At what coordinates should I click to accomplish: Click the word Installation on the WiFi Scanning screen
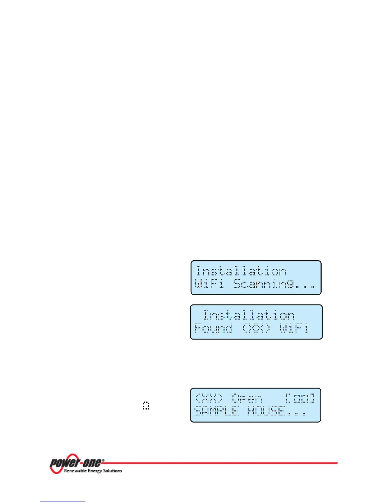click(x=241, y=271)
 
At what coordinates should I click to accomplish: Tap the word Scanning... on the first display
click(x=274, y=283)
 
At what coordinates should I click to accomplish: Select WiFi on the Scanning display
click(x=209, y=283)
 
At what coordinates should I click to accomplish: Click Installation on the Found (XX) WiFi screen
click(x=249, y=315)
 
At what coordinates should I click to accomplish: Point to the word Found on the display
click(x=213, y=328)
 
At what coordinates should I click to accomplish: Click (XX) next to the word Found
click(x=256, y=328)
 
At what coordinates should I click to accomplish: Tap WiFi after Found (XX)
click(x=294, y=328)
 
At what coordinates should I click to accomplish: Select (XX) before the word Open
click(x=209, y=398)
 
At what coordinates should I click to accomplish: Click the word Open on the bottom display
click(x=247, y=399)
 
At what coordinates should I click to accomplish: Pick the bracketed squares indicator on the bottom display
click(x=300, y=398)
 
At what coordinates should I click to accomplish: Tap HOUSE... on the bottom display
click(x=276, y=411)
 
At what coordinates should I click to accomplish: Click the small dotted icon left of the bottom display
click(x=146, y=405)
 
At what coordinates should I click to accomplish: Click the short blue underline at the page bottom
click(x=63, y=501)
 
